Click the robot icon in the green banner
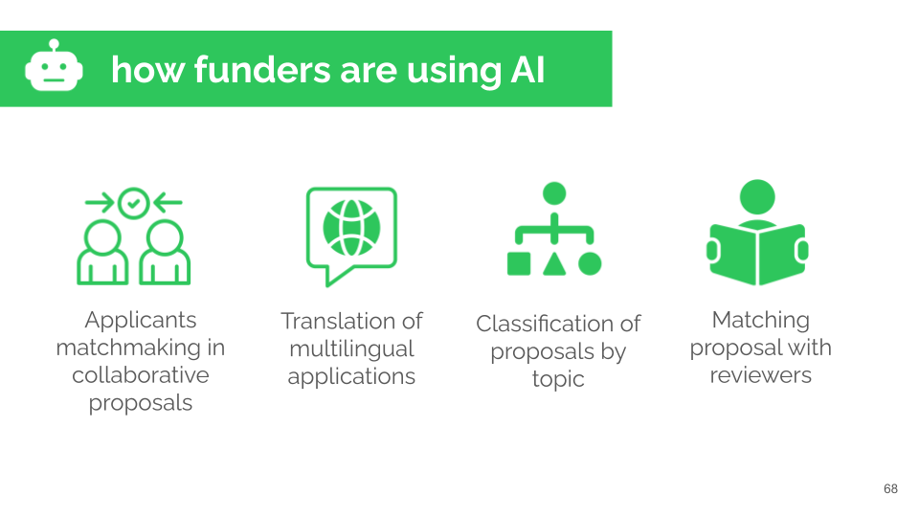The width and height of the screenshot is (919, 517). [x=54, y=68]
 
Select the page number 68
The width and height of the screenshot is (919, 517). [x=890, y=489]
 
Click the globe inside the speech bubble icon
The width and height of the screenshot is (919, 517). [x=351, y=227]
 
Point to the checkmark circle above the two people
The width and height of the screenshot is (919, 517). [x=133, y=202]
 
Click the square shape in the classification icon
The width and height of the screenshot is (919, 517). [x=518, y=263]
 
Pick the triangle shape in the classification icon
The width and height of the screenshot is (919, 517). [x=554, y=263]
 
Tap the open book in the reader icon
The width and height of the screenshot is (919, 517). [x=756, y=252]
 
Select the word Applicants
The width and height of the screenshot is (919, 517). [x=140, y=320]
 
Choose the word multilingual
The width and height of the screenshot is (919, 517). [x=351, y=348]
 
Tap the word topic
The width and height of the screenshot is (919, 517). [x=558, y=379]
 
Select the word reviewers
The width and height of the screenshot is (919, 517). [x=760, y=375]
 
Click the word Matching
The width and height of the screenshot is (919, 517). [x=760, y=320]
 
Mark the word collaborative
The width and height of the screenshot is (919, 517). [x=140, y=375]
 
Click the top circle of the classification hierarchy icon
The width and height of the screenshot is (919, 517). [x=554, y=193]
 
